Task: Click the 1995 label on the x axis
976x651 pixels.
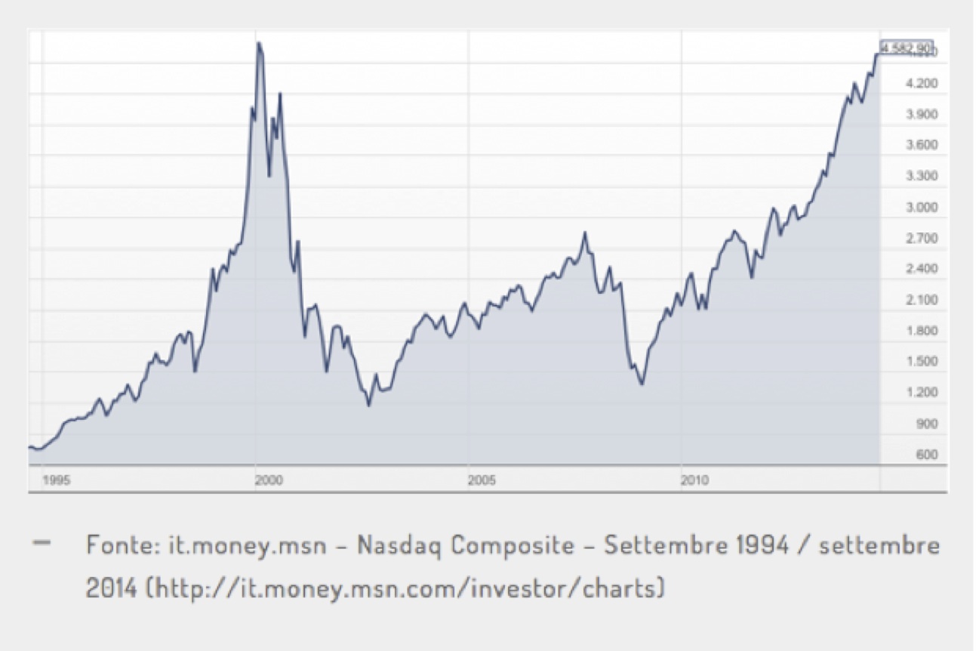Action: pyautogui.click(x=57, y=480)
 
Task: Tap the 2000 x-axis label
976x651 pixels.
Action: pyautogui.click(x=269, y=480)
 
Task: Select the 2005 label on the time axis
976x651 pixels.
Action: pyautogui.click(x=482, y=480)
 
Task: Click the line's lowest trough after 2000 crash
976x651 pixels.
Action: pyautogui.click(x=369, y=406)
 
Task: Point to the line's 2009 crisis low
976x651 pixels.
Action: pyautogui.click(x=642, y=384)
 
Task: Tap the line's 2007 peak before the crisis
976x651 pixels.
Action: pyautogui.click(x=584, y=233)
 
